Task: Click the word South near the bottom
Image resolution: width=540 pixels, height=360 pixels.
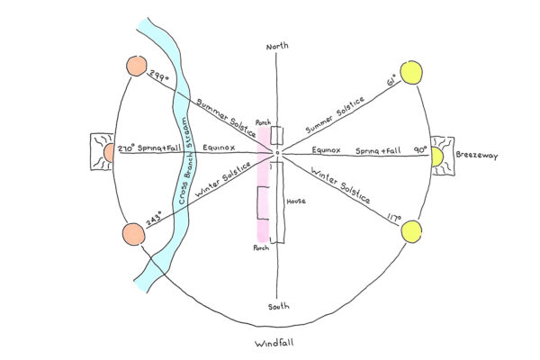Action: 277,307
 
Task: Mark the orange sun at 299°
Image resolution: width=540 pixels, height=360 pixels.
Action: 136,67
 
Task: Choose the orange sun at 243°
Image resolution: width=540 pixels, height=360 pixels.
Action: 133,234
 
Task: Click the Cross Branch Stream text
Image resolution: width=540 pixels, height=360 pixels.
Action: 179,162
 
